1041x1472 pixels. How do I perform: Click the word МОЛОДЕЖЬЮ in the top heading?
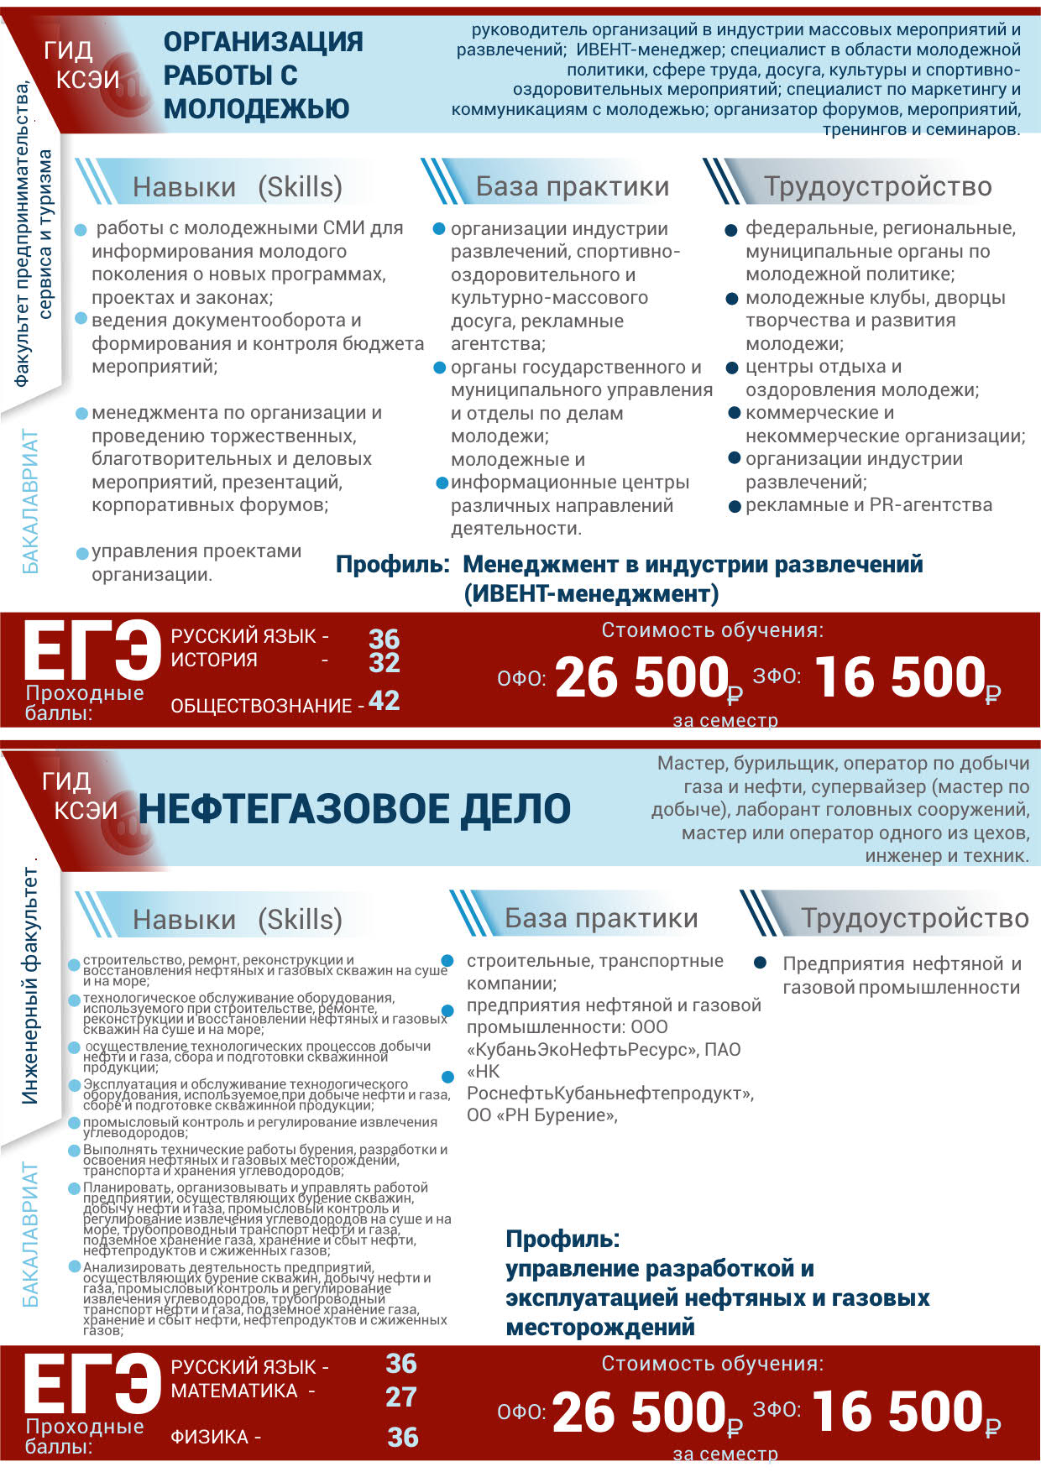click(x=256, y=109)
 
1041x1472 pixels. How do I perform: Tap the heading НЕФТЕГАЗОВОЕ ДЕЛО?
click(x=353, y=809)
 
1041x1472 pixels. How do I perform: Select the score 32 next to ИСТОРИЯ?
click(x=384, y=662)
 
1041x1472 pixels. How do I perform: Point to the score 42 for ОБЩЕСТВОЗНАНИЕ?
click(x=384, y=701)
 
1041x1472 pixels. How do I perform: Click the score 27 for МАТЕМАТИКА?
click(x=401, y=1396)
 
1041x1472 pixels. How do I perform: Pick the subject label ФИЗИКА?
click(x=209, y=1437)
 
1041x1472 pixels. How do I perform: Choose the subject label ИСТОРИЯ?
click(x=213, y=660)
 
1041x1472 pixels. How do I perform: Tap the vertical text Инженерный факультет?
click(x=29, y=985)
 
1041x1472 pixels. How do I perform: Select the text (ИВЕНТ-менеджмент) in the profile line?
click(x=591, y=594)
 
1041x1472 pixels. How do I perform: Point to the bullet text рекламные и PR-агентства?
click(x=868, y=505)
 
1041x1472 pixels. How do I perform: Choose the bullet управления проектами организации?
click(x=196, y=562)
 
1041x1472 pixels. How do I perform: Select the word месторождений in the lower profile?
click(x=599, y=1327)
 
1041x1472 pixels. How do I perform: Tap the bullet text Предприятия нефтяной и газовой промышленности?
click(x=901, y=975)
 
